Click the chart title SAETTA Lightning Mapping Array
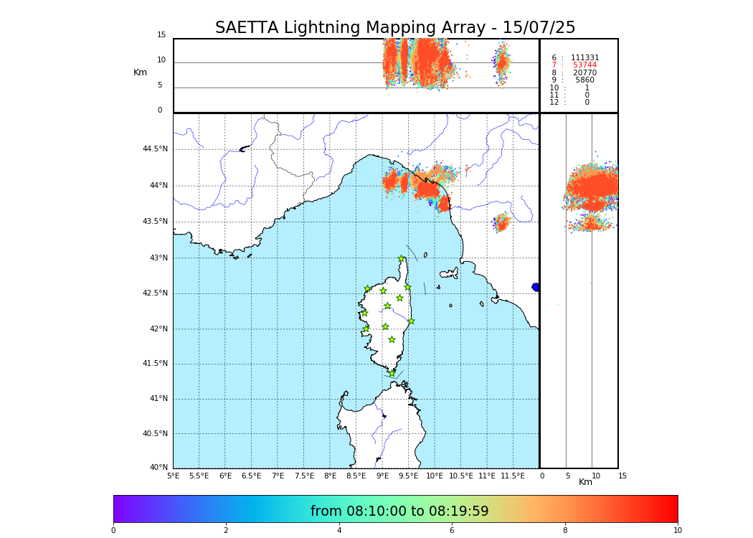click(395, 28)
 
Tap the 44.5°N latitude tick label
click(155, 149)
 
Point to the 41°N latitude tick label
click(158, 399)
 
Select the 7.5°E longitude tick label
click(304, 476)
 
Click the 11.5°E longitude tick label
click(513, 476)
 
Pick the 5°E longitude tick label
click(173, 476)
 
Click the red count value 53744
click(584, 65)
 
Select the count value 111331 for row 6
click(584, 57)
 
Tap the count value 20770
click(584, 73)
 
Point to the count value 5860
click(584, 80)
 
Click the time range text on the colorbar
click(399, 511)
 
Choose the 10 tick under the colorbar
click(677, 531)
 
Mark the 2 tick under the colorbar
click(226, 531)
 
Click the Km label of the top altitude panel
click(140, 72)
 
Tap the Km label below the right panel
click(585, 482)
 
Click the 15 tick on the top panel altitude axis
click(161, 35)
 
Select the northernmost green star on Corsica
click(402, 259)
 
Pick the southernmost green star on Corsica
click(392, 373)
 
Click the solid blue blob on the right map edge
click(536, 287)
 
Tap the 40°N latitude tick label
click(158, 468)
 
